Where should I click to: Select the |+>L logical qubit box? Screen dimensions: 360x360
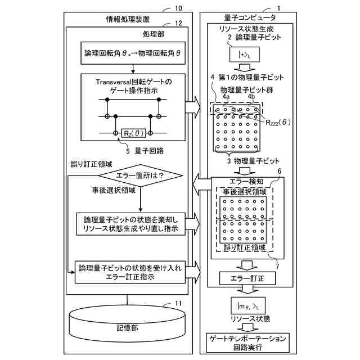[244, 55]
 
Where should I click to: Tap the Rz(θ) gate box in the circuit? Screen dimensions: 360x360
[133, 132]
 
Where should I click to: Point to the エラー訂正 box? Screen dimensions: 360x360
[245, 278]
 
